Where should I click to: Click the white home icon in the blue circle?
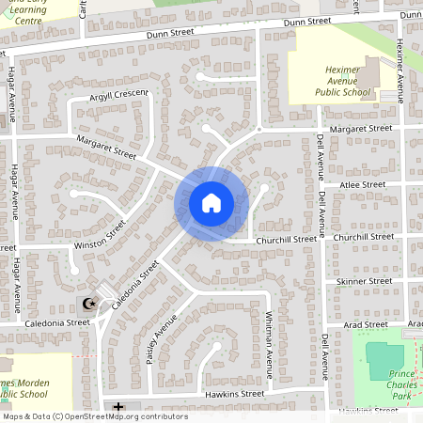click(211, 202)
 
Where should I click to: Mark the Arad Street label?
click(367, 324)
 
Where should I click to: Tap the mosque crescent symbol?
click(89, 304)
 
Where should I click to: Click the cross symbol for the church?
click(118, 407)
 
